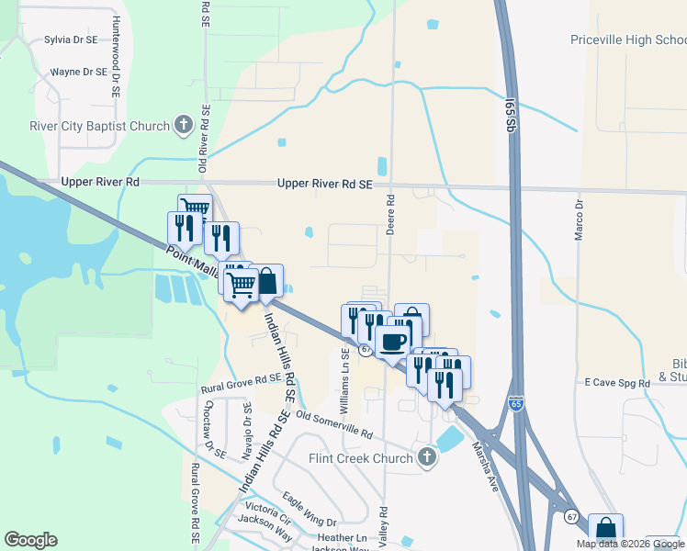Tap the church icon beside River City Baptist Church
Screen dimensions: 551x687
tap(183, 125)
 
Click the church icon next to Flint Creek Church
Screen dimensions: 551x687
tap(426, 456)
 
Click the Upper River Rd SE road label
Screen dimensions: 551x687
tap(325, 185)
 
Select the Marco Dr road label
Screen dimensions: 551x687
tap(579, 220)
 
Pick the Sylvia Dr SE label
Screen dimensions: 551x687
tap(71, 40)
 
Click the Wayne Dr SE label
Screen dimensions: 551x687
tap(79, 71)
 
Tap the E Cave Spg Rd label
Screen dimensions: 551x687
tap(617, 382)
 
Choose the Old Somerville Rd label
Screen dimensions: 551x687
tap(333, 425)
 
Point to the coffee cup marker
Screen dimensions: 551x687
tap(392, 343)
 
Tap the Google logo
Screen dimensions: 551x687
tap(30, 539)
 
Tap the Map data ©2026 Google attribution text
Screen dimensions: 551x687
tap(629, 544)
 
